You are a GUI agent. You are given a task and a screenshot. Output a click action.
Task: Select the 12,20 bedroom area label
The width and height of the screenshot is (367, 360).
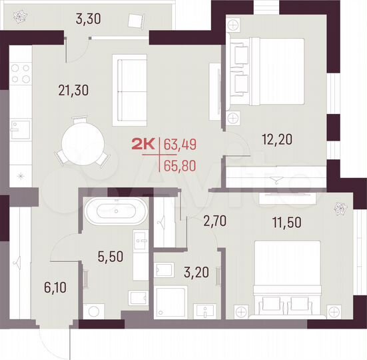click(x=276, y=140)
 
